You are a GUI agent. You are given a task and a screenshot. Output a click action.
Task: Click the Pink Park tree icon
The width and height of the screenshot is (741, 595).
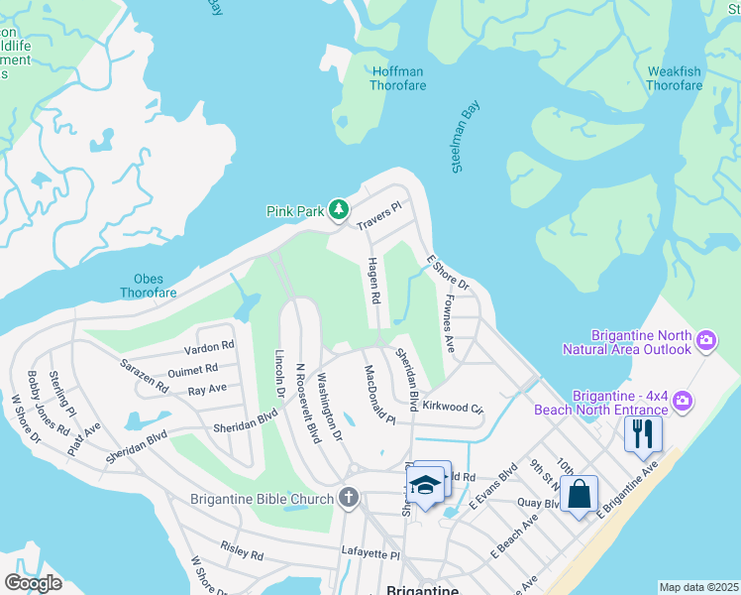(x=339, y=209)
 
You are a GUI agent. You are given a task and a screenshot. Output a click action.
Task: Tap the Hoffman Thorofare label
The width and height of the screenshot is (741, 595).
(x=397, y=78)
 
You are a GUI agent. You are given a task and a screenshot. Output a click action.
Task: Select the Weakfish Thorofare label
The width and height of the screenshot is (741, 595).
(x=674, y=78)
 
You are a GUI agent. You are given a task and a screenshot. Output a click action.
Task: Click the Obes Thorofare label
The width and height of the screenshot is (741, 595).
(x=149, y=286)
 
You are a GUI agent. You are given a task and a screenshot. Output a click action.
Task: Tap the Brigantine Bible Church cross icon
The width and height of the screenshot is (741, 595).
(x=348, y=497)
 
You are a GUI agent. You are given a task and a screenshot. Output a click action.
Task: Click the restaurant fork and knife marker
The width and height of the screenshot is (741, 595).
(x=643, y=433)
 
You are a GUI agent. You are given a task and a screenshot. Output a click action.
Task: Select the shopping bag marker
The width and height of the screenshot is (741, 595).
(x=579, y=493)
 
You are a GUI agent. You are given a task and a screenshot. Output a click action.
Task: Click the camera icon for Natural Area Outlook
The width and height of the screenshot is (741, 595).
(x=706, y=341)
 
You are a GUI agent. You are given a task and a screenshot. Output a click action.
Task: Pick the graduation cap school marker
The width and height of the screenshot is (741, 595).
(x=425, y=486)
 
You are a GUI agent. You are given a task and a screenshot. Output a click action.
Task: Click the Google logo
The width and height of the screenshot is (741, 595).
(x=34, y=583)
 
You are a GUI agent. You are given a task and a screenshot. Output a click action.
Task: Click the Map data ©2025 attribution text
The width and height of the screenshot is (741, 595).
(x=698, y=587)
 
